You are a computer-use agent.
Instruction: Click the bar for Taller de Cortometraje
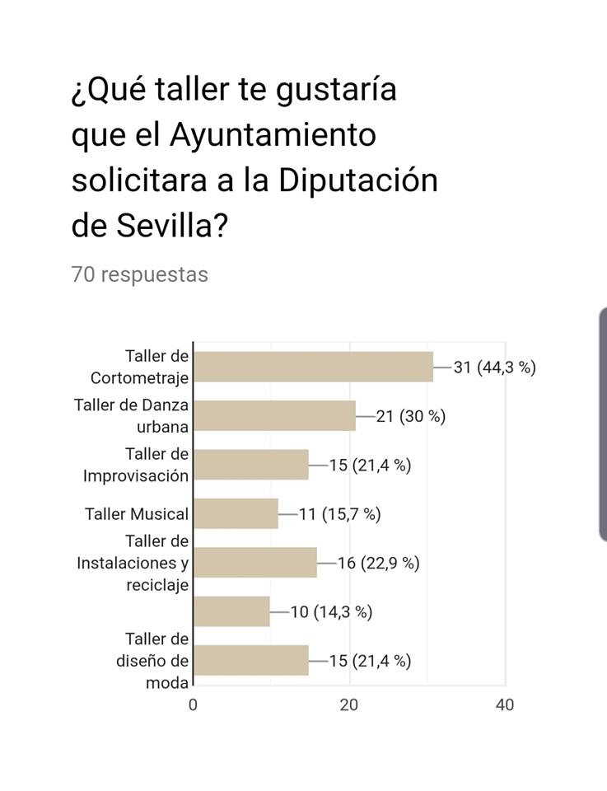click(x=313, y=367)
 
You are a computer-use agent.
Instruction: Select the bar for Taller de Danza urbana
click(x=274, y=415)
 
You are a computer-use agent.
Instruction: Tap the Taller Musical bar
click(x=236, y=513)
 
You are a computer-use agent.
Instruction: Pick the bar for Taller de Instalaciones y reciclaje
click(x=255, y=563)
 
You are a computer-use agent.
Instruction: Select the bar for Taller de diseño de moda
click(x=251, y=660)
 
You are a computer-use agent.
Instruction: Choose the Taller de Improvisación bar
click(x=251, y=465)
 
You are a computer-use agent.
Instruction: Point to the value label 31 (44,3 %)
click(x=494, y=367)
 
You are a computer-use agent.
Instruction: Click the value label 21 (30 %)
click(x=410, y=415)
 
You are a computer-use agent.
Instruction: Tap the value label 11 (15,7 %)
click(x=339, y=513)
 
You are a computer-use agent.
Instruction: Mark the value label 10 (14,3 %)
click(x=331, y=611)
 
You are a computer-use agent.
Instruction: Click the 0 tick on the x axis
click(x=193, y=704)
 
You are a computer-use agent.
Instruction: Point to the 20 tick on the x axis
click(x=349, y=704)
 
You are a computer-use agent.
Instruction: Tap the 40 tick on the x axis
click(x=505, y=704)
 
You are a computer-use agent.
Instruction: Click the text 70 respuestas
click(x=139, y=274)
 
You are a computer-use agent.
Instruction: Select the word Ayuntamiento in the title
click(x=273, y=134)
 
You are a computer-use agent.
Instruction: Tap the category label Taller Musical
click(x=136, y=513)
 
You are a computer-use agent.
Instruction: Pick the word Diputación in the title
click(x=357, y=180)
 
